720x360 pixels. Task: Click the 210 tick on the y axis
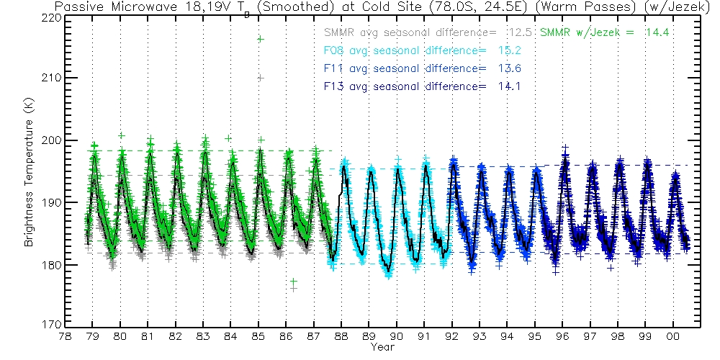coord(51,78)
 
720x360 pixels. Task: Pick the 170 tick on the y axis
coord(51,325)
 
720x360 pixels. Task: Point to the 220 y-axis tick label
coord(51,16)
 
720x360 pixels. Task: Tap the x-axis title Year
coord(382,348)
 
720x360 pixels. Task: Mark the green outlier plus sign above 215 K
coord(261,39)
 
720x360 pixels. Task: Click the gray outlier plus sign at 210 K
coord(261,77)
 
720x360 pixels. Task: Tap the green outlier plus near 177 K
coord(293,282)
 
